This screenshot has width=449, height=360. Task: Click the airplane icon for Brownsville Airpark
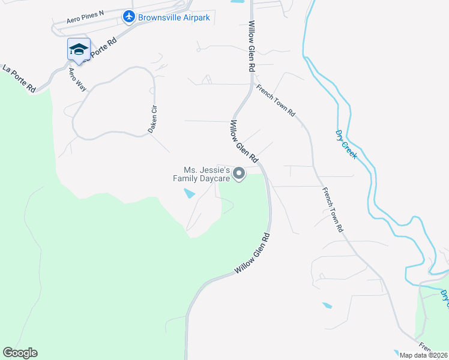click(128, 17)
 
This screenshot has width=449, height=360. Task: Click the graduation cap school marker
click(79, 49)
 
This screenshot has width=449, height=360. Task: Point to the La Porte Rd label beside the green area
click(19, 78)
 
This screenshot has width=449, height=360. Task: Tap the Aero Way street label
click(77, 79)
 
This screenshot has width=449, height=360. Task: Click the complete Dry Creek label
click(346, 145)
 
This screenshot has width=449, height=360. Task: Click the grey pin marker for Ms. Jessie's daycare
click(239, 174)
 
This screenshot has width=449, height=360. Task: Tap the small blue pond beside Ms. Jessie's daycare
click(189, 193)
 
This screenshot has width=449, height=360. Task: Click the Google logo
click(20, 353)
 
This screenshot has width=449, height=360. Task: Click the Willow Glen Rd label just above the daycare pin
click(244, 142)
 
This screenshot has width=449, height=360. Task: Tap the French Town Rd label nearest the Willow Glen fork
click(276, 100)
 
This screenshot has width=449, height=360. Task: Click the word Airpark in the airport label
click(194, 17)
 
